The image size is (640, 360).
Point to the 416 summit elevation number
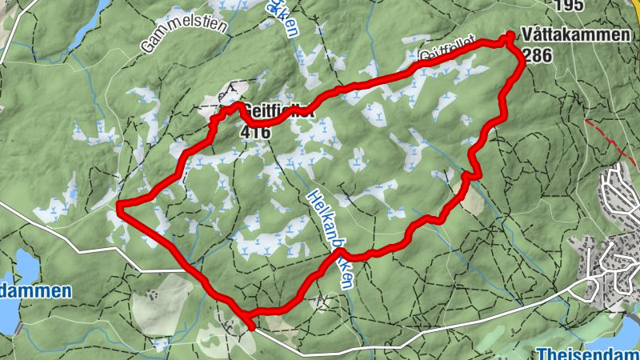point(254,131)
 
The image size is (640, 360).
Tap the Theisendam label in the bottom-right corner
point(589,353)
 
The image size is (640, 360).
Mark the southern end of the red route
point(252,326)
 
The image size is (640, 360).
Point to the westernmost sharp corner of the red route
point(119,206)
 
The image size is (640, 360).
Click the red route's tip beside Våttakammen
point(510,36)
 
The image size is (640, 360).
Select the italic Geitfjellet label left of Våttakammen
point(448,49)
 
